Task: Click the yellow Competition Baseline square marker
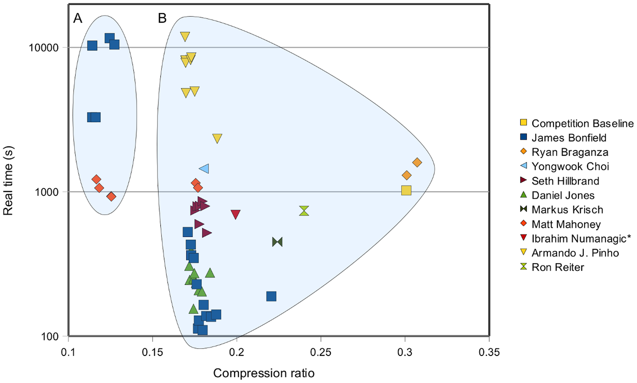[x=406, y=190]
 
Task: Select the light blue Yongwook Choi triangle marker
[x=204, y=169]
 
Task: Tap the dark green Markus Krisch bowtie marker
[x=277, y=242]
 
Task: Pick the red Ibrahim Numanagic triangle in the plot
[x=235, y=214]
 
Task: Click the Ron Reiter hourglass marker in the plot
[x=304, y=211]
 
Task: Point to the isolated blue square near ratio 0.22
[x=271, y=296]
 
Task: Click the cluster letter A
[x=78, y=18]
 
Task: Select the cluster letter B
[x=162, y=18]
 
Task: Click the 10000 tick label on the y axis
[x=44, y=47]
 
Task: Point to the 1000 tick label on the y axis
[x=47, y=192]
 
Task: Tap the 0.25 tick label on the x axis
[x=320, y=352]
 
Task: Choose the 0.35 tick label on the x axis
[x=489, y=352]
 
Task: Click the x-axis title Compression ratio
[x=264, y=373]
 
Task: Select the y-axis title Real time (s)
[x=8, y=181]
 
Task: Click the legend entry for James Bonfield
[x=569, y=138]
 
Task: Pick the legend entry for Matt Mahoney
[x=566, y=224]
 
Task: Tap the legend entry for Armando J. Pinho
[x=575, y=253]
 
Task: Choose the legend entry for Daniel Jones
[x=563, y=195]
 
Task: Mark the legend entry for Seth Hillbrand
[x=565, y=181]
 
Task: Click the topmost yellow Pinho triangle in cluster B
[x=185, y=36]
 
